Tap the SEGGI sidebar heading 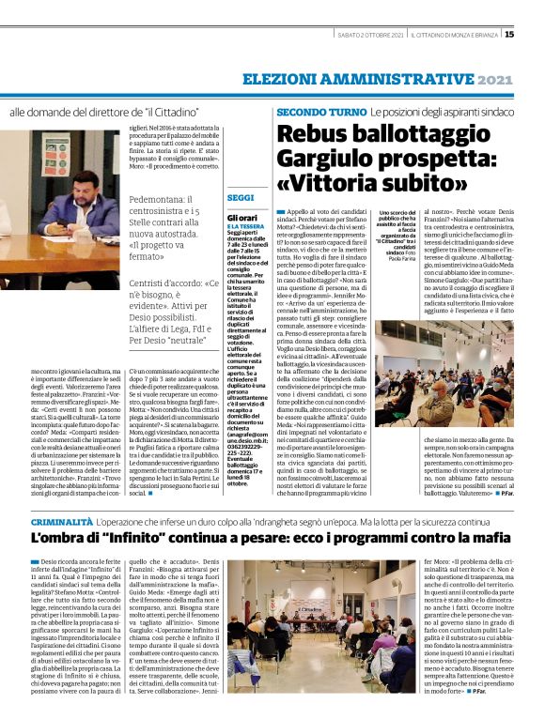[x=241, y=198]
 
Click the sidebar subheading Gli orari [x=242, y=217]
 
